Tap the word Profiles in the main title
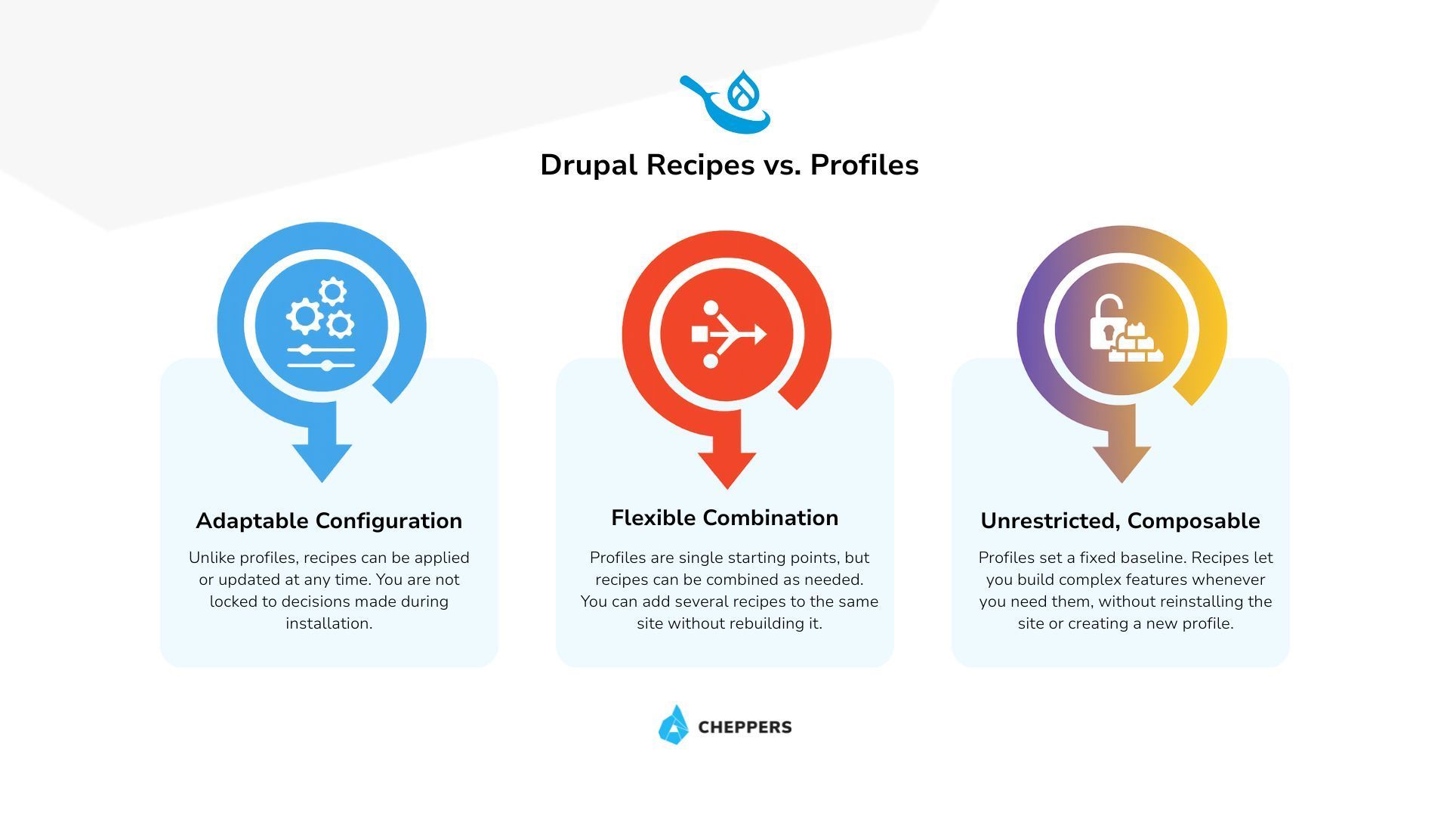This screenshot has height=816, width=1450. (864, 165)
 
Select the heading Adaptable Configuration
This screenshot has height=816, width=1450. (329, 521)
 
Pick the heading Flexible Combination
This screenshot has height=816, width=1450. (724, 518)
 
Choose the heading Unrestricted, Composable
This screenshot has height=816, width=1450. (1120, 521)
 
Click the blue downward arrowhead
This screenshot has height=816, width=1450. (322, 461)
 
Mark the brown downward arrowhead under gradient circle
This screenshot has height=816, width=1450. (1121, 462)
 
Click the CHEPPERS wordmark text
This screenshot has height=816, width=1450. (745, 727)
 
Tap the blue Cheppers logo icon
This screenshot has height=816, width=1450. (674, 725)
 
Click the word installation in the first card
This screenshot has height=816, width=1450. (329, 623)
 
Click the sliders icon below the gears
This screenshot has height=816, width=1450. (321, 357)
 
